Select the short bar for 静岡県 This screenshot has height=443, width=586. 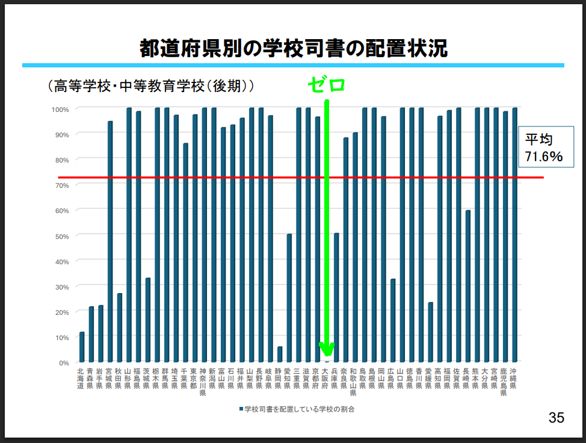click(x=280, y=355)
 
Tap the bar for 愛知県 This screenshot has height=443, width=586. click(x=289, y=299)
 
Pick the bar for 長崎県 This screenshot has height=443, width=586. click(x=468, y=287)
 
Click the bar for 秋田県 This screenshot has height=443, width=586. click(x=120, y=328)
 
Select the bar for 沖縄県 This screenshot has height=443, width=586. click(x=515, y=235)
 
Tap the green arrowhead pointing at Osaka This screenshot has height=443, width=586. click(x=327, y=349)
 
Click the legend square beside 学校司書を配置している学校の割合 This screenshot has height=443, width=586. click(x=241, y=409)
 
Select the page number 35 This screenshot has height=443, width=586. click(x=556, y=418)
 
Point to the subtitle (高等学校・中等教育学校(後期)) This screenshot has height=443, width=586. click(x=150, y=86)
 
